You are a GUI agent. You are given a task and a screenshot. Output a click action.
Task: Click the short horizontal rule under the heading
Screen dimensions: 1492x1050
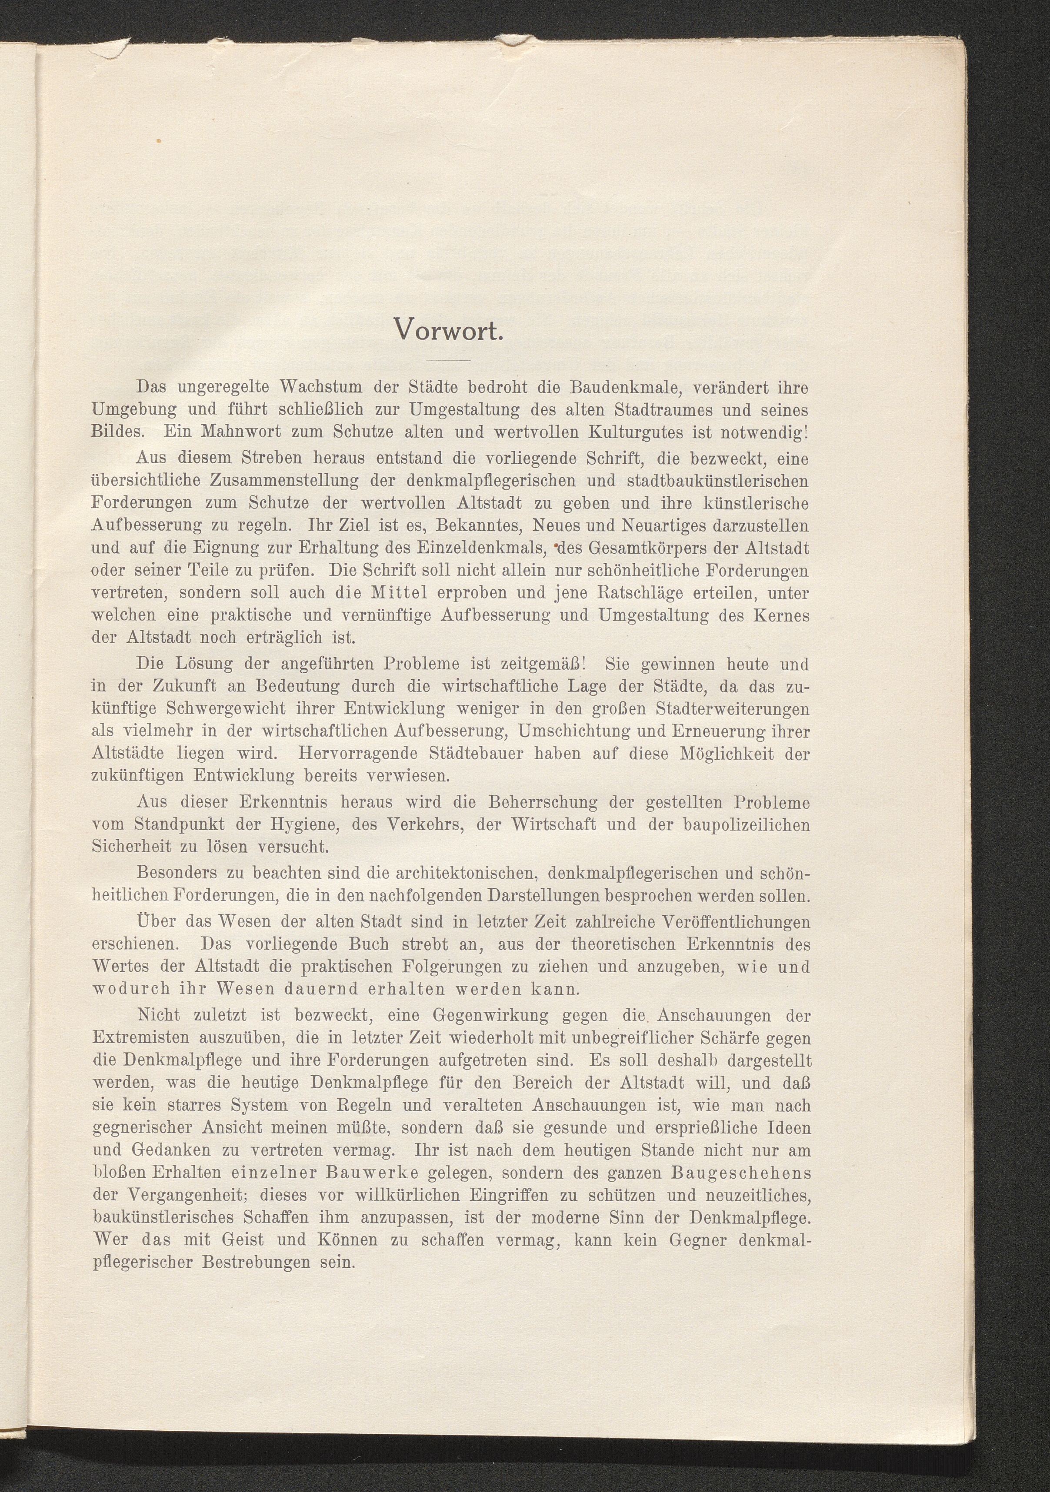[x=449, y=359]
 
